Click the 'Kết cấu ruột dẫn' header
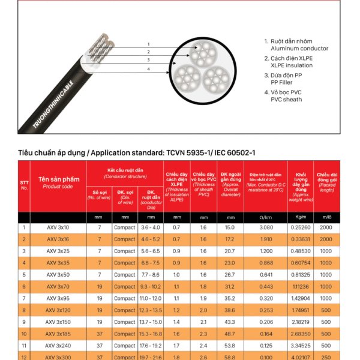point(125,172)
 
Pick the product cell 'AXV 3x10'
point(58,228)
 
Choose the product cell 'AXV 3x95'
point(58,298)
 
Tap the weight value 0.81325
point(301,275)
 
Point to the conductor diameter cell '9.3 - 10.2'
point(150,287)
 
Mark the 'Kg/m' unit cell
point(301,217)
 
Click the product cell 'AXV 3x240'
point(58,346)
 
